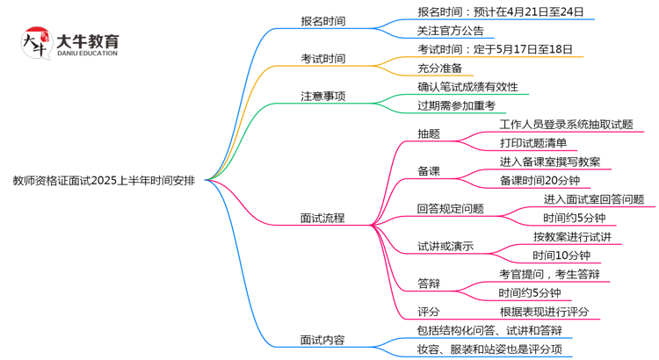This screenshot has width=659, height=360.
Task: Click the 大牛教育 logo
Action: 69,44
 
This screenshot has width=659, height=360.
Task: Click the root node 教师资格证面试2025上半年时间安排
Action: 104,181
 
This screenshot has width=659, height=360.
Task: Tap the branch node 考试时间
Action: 322,59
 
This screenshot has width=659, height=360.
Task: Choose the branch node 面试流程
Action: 322,217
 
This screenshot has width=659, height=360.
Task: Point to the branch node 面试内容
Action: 322,340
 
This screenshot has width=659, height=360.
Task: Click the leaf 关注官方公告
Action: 450,32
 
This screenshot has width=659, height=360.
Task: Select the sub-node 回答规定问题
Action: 451,209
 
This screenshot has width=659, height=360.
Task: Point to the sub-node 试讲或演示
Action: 445,246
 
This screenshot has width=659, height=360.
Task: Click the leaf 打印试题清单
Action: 532,143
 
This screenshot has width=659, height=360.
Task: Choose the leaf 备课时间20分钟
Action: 540,180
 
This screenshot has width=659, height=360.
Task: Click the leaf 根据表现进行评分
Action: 544,311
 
